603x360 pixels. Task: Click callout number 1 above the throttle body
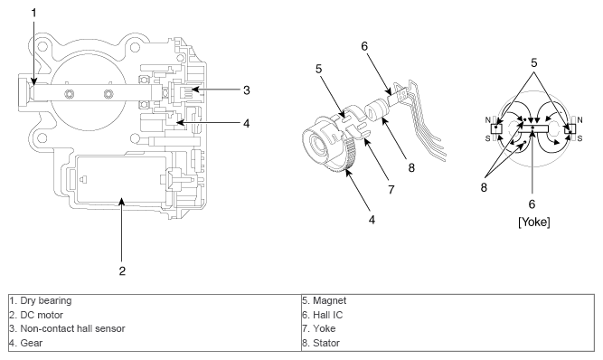33,13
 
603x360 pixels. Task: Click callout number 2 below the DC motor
122,270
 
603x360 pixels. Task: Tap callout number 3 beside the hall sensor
247,90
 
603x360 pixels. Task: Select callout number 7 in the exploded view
391,190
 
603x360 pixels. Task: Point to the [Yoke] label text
533,222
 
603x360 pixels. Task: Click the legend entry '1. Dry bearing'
41,301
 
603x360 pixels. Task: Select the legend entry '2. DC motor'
36,315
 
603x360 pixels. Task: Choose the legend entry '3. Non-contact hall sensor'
67,329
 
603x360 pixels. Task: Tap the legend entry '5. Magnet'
325,301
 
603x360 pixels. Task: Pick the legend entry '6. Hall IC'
322,315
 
